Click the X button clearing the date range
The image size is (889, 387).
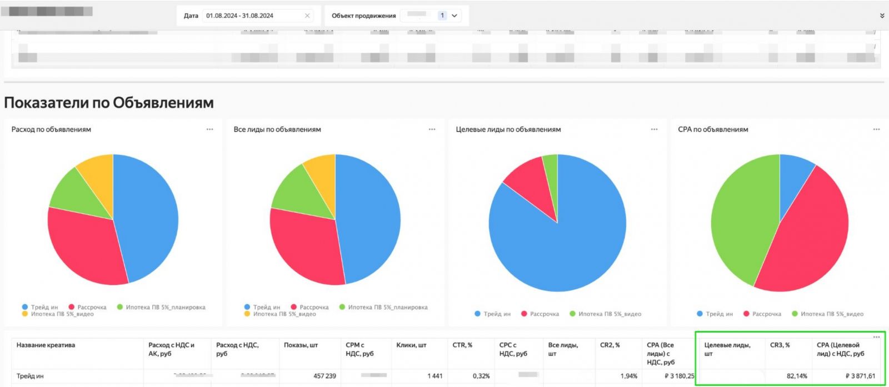pyautogui.click(x=307, y=16)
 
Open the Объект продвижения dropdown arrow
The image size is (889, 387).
pyautogui.click(x=455, y=16)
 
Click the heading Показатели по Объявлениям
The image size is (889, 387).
pyautogui.click(x=109, y=103)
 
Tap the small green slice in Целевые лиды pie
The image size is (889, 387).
pyautogui.click(x=551, y=167)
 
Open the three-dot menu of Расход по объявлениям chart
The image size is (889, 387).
pyautogui.click(x=209, y=129)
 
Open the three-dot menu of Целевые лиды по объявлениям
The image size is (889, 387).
pyautogui.click(x=654, y=129)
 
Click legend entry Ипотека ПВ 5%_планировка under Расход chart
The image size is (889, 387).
pyautogui.click(x=165, y=307)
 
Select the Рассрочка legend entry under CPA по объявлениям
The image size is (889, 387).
pyautogui.click(x=766, y=314)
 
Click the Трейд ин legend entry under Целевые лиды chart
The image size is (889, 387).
pyautogui.click(x=497, y=314)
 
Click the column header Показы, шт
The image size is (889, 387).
pyautogui.click(x=301, y=345)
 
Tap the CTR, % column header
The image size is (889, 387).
pyautogui.click(x=462, y=345)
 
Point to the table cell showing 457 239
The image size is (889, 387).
pyautogui.click(x=324, y=376)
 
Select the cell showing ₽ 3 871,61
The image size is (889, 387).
pyautogui.click(x=860, y=376)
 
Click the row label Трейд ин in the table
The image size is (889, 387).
pyautogui.click(x=30, y=376)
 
